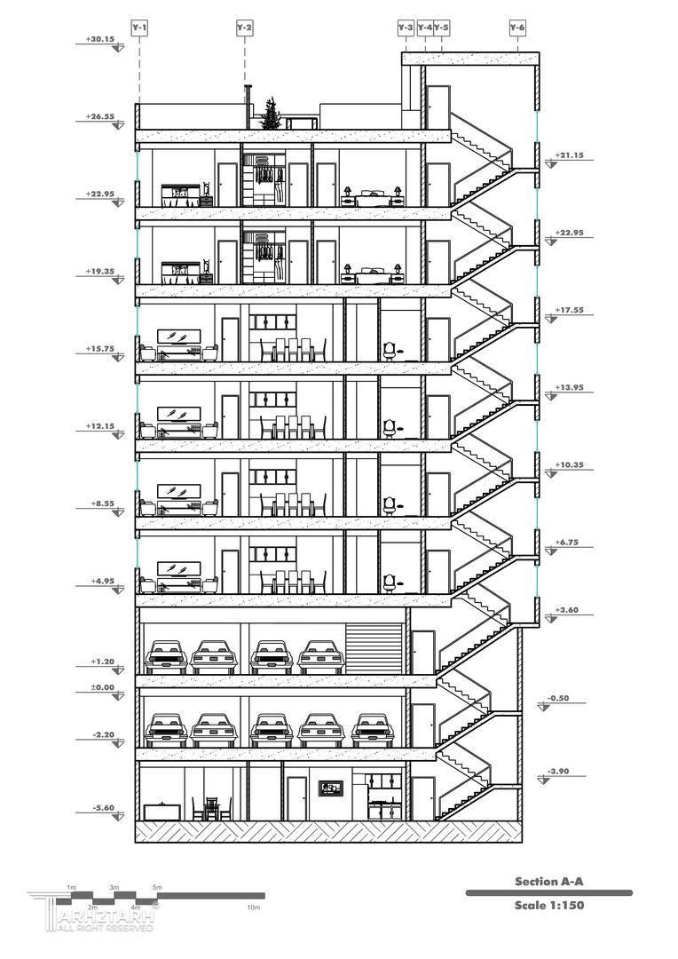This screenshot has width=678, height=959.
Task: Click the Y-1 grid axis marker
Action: pos(139,28)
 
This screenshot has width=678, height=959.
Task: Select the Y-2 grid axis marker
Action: pos(244,28)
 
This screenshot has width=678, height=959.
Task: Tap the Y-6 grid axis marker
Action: pos(517,28)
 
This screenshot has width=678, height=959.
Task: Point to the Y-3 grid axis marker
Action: pos(406,28)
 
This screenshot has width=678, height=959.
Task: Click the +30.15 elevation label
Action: pos(100,40)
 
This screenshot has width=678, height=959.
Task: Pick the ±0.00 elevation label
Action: pos(103,687)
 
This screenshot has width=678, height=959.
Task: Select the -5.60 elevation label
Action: pos(103,808)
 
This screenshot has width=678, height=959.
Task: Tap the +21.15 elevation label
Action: pos(569,155)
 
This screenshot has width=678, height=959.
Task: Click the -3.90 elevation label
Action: pos(559,771)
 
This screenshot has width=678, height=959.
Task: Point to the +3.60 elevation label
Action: pos(566,610)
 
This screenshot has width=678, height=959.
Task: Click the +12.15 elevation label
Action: pos(100,426)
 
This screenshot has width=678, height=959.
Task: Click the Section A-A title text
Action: pos(548,882)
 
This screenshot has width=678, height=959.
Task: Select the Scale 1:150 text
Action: pos(548,906)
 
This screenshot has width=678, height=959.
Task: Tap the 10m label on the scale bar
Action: pos(254,907)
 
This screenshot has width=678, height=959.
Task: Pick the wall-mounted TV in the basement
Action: pos(332,787)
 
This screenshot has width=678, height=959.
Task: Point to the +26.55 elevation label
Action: pos(100,116)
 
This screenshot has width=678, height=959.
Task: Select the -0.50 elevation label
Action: pos(558,698)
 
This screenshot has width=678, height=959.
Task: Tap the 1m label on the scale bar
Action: pos(72,888)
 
